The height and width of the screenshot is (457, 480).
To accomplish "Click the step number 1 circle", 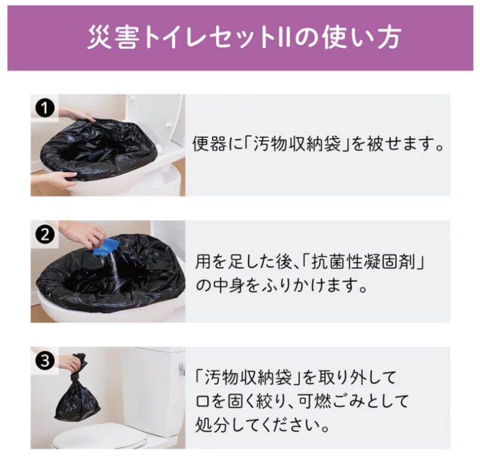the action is click(x=44, y=109).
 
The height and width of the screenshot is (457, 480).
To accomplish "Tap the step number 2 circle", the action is click(x=44, y=235).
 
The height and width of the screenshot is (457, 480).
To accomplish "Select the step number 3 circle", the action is click(x=44, y=361).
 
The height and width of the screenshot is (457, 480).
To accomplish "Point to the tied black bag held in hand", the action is click(x=77, y=389).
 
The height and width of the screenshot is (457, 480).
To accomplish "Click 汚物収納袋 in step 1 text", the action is click(x=297, y=144).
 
